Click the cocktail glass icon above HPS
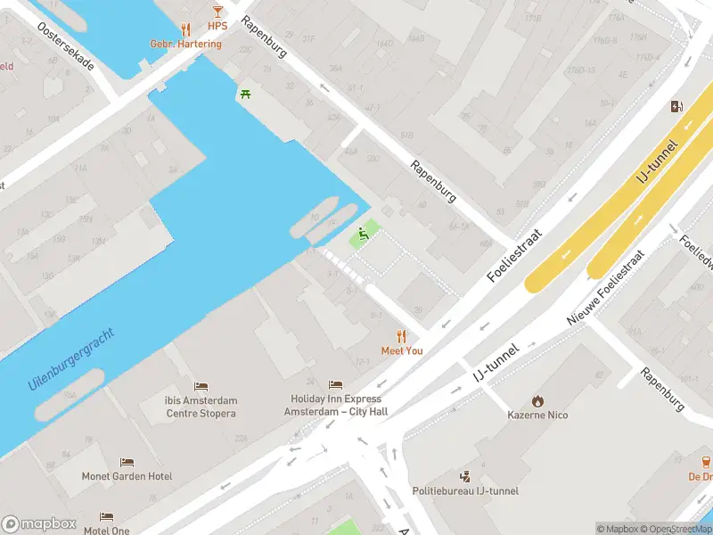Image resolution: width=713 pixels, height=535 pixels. [x=217, y=12]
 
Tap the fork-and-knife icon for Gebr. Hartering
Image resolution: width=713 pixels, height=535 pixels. [x=185, y=29]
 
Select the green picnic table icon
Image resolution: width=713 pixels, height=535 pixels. [x=244, y=94]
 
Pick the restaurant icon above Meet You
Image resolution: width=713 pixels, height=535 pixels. [x=401, y=336]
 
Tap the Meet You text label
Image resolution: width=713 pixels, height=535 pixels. [x=402, y=351]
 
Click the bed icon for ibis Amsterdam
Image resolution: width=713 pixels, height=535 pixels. [x=201, y=386]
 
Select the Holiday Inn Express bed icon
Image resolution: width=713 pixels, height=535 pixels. [x=335, y=384]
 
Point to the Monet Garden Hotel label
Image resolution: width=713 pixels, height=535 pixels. [x=127, y=477]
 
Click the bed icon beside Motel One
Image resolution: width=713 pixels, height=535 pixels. [x=106, y=517]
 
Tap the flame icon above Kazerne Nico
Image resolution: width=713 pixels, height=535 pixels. [x=537, y=400]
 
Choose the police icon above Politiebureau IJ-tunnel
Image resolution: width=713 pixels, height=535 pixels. [x=464, y=476]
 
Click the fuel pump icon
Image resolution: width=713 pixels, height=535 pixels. [x=677, y=107]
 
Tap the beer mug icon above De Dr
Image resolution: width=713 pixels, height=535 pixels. [x=706, y=462]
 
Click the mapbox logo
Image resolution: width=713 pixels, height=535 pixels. [x=39, y=523]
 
